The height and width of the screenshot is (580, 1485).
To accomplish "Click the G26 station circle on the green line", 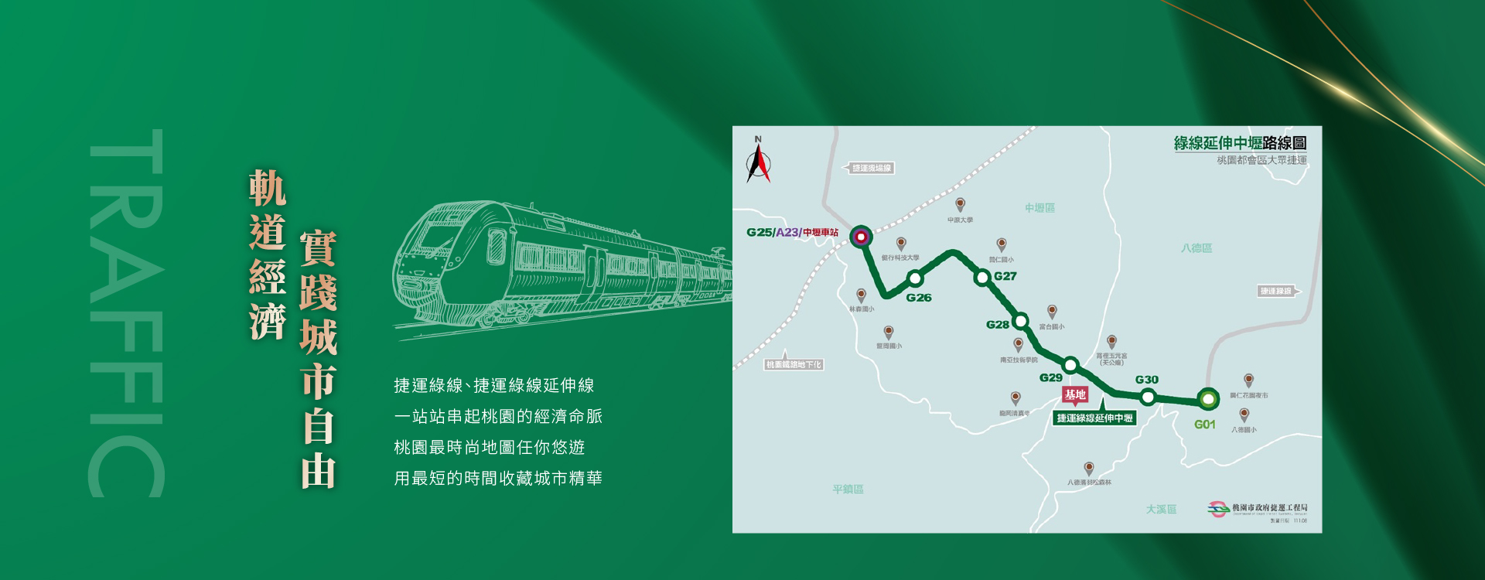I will [x=915, y=278].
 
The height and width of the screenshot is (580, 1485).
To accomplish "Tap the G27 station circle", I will [x=982, y=277].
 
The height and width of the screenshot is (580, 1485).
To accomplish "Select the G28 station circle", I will [x=1021, y=321].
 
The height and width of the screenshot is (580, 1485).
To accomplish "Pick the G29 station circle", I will [x=1070, y=365].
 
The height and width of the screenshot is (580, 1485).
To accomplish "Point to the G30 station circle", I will [x=1148, y=397].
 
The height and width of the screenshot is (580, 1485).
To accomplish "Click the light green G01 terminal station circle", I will [x=1207, y=399].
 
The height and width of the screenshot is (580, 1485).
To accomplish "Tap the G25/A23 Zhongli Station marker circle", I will [x=861, y=236].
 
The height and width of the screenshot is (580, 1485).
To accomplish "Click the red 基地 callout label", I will [x=1075, y=395].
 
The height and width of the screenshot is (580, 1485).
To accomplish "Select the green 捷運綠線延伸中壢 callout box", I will [x=1094, y=418].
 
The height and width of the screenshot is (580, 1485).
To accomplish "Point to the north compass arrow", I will [x=758, y=162].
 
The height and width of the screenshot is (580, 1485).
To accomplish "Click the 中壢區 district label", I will [x=1039, y=208].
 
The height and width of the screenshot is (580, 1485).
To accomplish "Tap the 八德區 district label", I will [x=1197, y=248].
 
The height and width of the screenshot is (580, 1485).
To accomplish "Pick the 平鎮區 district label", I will [x=848, y=490].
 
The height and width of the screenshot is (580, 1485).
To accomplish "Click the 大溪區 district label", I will [x=1161, y=510].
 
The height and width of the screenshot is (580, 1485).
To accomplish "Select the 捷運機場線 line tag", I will [x=870, y=168].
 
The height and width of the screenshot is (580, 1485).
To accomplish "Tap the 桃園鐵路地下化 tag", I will [x=794, y=364].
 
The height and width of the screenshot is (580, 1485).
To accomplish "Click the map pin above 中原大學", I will [x=960, y=204].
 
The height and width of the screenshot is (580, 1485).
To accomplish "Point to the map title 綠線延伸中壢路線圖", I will [x=1240, y=143].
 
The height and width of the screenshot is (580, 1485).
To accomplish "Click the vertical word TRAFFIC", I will [x=126, y=312].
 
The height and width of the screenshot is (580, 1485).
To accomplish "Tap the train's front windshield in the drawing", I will [x=433, y=239].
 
